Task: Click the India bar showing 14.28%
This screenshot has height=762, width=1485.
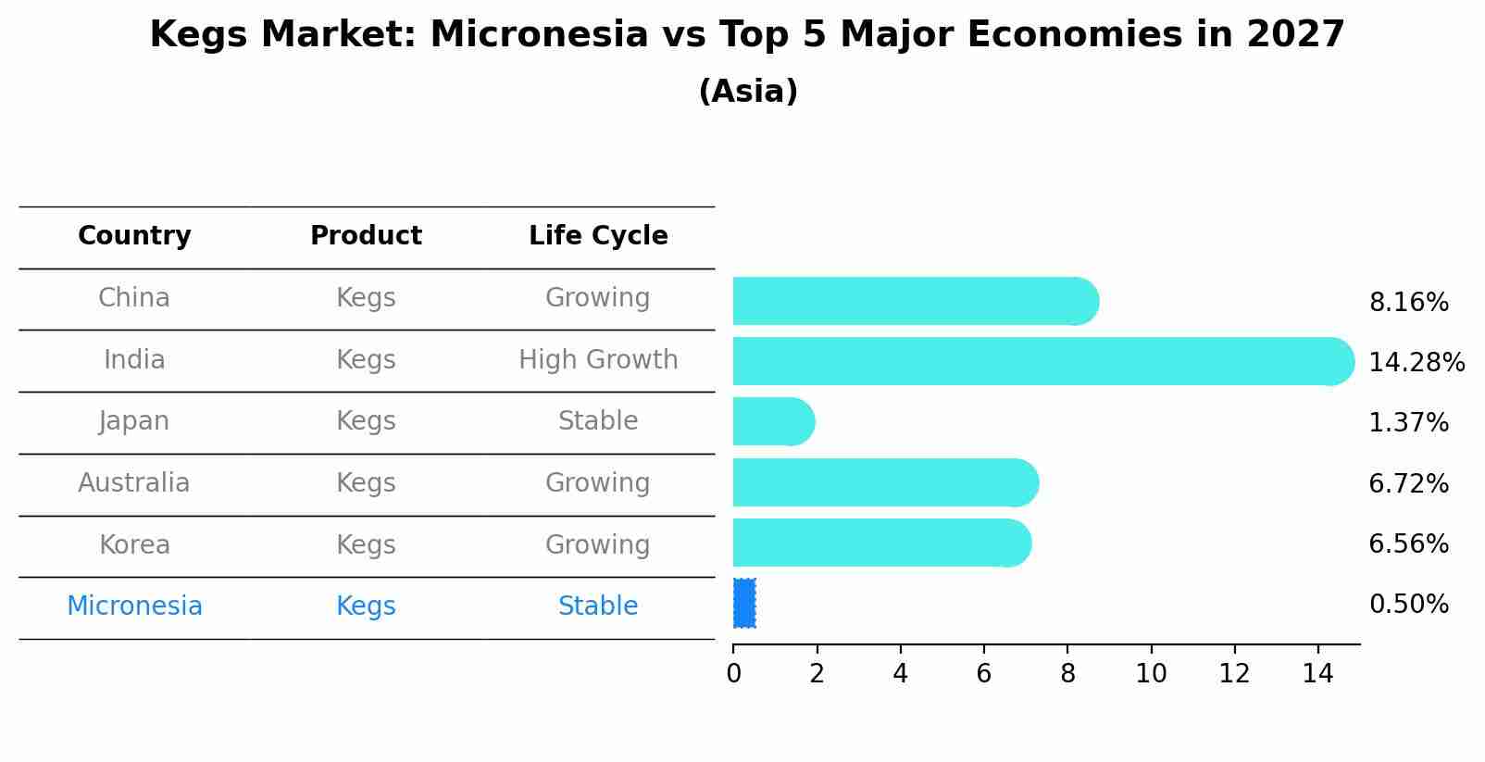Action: point(1037,361)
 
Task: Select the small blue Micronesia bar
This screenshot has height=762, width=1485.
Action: point(744,604)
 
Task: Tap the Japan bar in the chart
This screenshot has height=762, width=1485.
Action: point(772,421)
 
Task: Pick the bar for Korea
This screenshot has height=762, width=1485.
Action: point(880,543)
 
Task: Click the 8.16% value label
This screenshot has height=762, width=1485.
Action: point(1408,303)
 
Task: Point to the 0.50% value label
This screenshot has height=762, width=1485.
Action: point(1408,605)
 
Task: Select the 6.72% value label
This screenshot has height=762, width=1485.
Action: point(1408,483)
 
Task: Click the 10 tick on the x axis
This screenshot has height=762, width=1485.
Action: point(1151,674)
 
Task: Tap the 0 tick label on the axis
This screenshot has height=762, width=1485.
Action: point(733,674)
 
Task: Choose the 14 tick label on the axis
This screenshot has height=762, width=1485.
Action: point(1317,674)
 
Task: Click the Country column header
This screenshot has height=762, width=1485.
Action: point(134,236)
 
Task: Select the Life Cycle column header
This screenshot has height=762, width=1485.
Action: point(598,236)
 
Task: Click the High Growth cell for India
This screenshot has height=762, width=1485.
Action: point(598,360)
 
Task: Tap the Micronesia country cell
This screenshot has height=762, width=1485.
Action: point(134,606)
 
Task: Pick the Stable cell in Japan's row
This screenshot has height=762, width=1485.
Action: point(598,421)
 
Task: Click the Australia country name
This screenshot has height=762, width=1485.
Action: point(134,483)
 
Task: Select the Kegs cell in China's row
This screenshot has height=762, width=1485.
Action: point(366,298)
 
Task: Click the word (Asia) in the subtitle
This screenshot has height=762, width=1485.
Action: point(748,92)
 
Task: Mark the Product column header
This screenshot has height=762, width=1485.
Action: point(366,236)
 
